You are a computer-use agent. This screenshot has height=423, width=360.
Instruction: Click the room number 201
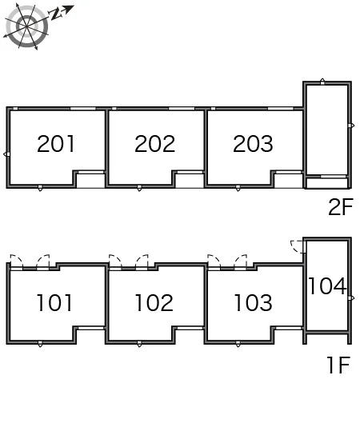pos(55,143)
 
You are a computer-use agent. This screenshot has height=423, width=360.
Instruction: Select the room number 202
pos(154,143)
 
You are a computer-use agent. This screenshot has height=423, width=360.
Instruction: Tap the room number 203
pos(253,143)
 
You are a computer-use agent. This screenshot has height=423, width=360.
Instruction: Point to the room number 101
pos(54,303)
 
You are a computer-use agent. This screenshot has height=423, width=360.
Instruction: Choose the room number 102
pos(154,303)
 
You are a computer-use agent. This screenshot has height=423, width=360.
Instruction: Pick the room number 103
pos(253,303)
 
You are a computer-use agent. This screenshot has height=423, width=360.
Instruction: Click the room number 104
pos(327,286)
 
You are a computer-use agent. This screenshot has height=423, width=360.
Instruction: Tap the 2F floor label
pos(341,206)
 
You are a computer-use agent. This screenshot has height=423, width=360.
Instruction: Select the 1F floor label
pos(338,365)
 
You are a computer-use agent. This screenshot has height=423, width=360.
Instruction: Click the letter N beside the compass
pos(56,14)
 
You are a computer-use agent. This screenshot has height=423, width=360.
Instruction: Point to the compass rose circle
pos(26,26)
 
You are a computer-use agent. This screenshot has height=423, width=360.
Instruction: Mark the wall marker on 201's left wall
pos(6,154)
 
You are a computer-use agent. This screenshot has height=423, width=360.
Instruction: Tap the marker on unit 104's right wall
pos(351,298)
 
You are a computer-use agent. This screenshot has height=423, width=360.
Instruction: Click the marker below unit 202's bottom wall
pos(139,188)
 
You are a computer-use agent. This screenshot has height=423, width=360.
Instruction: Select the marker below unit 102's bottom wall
pos(139,344)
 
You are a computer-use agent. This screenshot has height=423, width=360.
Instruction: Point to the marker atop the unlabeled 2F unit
pos(322,82)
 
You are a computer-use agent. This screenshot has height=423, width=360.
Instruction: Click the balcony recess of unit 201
pos(90,181)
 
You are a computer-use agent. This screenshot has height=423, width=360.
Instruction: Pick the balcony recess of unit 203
pos(289,181)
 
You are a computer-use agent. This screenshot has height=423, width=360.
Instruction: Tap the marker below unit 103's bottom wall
pos(238,344)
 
